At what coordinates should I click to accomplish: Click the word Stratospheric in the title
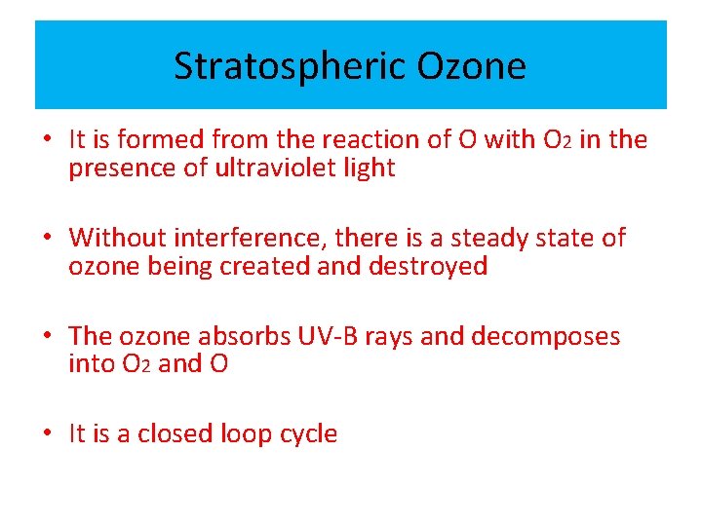pos(290,66)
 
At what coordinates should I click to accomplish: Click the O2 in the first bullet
pos(553,139)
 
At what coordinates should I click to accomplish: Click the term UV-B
pos(329,336)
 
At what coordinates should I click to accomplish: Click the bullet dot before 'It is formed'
pos(46,140)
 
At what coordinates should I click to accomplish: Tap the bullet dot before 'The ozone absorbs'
pos(46,337)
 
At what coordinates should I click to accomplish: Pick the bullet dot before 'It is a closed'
pos(46,434)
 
